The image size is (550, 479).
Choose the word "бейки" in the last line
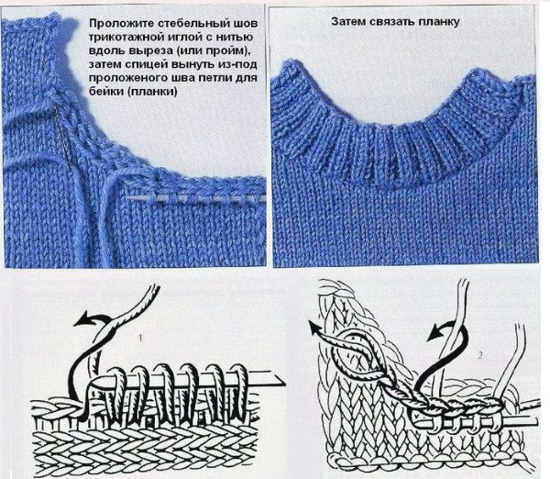[x=105, y=92]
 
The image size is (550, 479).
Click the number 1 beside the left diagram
[x=140, y=339]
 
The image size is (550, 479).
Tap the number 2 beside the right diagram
[x=479, y=355]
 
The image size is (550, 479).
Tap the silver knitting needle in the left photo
[x=195, y=199]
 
